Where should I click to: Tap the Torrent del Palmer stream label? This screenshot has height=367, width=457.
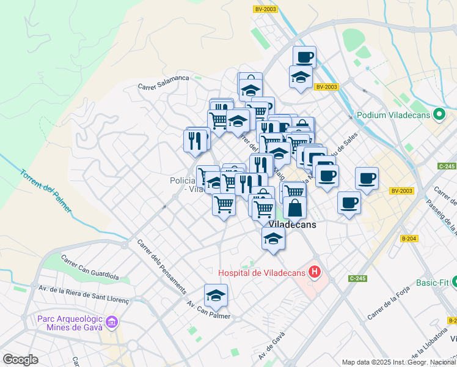(45, 190)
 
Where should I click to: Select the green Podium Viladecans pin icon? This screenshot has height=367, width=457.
(439, 114)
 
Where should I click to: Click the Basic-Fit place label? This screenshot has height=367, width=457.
(436, 283)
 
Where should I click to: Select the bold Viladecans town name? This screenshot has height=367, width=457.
(293, 224)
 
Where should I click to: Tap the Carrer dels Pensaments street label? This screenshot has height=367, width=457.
(161, 263)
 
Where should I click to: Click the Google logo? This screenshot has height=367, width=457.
(21, 360)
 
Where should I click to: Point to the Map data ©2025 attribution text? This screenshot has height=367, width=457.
(398, 362)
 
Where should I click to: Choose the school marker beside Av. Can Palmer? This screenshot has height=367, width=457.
(216, 296)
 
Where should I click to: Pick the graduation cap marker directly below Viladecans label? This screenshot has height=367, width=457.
(273, 239)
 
